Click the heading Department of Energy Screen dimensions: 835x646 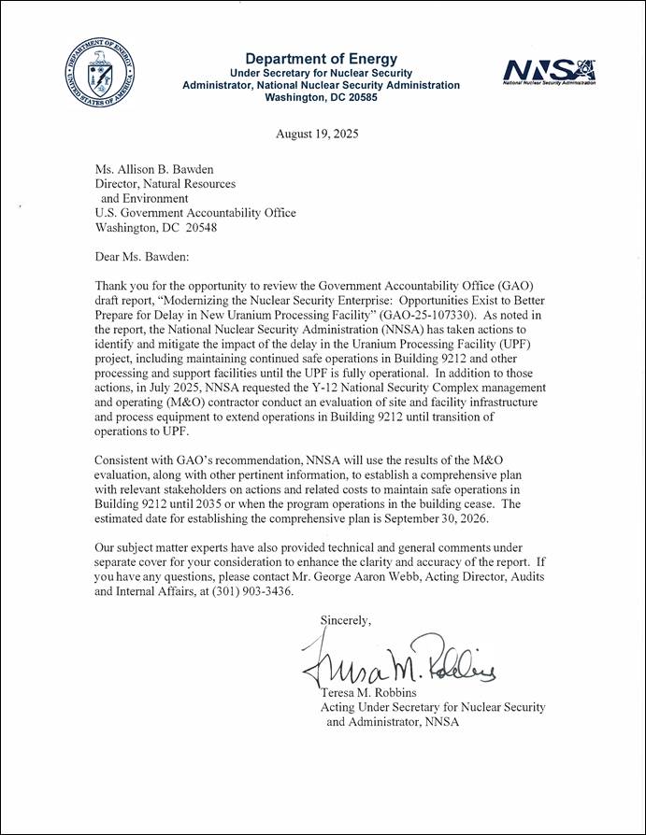click(x=321, y=59)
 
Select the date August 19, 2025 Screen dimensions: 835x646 click(x=317, y=134)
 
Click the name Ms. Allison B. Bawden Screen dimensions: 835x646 click(x=156, y=168)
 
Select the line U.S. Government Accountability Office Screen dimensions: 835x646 click(x=196, y=213)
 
